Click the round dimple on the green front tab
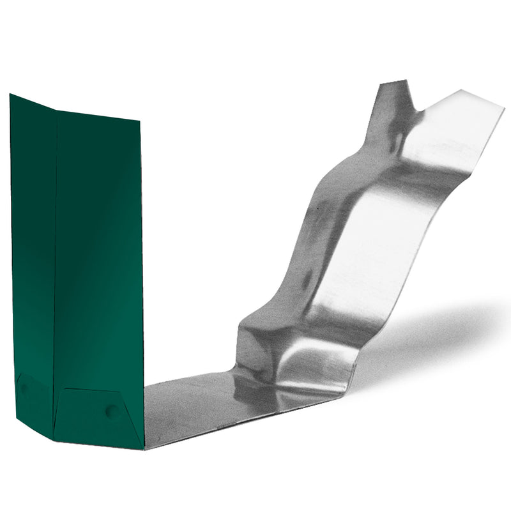[112, 411]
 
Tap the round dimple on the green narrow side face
[24, 387]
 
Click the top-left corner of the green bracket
[11, 95]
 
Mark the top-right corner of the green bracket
[139, 120]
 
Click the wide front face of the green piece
[99, 256]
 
